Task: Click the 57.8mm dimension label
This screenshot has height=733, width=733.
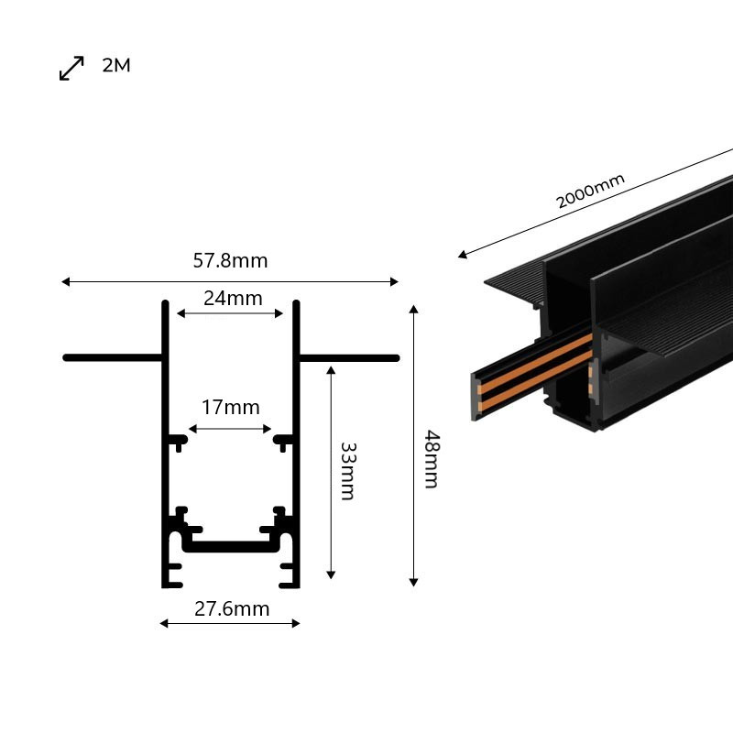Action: tap(231, 260)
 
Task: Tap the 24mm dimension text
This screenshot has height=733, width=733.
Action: tap(233, 299)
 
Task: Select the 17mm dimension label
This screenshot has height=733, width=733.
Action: tap(231, 407)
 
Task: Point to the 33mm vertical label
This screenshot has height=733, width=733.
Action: tap(348, 471)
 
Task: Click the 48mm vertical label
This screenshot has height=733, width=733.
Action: tap(431, 460)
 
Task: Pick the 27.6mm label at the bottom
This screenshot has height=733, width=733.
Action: tap(232, 608)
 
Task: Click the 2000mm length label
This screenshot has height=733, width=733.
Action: tap(590, 191)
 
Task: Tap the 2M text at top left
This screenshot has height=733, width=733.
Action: tap(116, 65)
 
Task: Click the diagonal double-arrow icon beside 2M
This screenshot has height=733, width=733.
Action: tap(71, 68)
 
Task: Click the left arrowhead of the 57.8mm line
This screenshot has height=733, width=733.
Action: tap(65, 281)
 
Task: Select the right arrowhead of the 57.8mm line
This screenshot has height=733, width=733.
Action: tap(394, 281)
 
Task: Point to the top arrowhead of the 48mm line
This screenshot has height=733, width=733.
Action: tap(413, 309)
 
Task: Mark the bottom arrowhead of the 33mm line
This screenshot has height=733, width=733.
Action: tap(331, 575)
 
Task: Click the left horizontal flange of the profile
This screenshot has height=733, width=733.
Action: tap(113, 358)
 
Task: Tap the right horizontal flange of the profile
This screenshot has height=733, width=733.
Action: tap(349, 358)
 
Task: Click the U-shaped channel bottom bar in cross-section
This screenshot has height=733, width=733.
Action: tap(231, 546)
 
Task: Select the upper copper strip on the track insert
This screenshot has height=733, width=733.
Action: tap(535, 360)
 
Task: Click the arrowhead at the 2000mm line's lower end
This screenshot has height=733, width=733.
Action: tap(463, 255)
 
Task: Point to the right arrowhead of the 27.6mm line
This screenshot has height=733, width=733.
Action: tap(295, 623)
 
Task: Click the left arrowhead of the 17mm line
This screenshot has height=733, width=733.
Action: tap(192, 429)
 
